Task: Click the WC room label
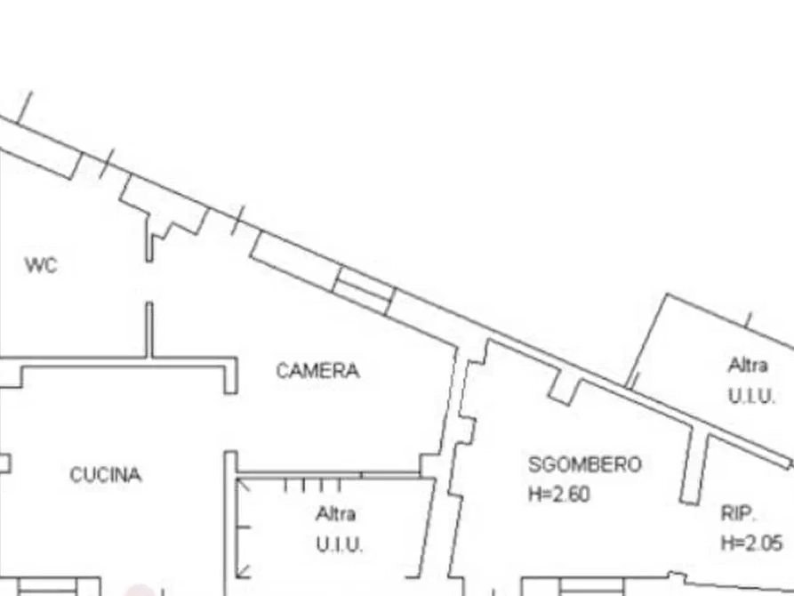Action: point(41,265)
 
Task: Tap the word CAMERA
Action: point(318,371)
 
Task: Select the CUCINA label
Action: point(106,475)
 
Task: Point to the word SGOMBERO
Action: point(585,464)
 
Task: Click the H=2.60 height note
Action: point(559,494)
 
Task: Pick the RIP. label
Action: point(738,514)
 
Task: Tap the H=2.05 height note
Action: point(752,544)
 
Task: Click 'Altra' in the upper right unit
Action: point(748,365)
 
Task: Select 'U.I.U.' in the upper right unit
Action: point(751,395)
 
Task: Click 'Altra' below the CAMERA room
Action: point(336,514)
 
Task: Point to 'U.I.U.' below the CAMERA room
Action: point(340,544)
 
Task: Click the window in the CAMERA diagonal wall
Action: point(364,290)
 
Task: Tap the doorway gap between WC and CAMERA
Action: point(149,282)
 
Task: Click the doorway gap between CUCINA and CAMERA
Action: point(231,423)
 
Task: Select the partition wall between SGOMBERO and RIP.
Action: point(694,465)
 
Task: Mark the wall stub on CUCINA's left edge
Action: point(5,463)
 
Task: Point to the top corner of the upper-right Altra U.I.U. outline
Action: point(668,294)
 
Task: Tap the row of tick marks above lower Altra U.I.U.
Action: point(312,486)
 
